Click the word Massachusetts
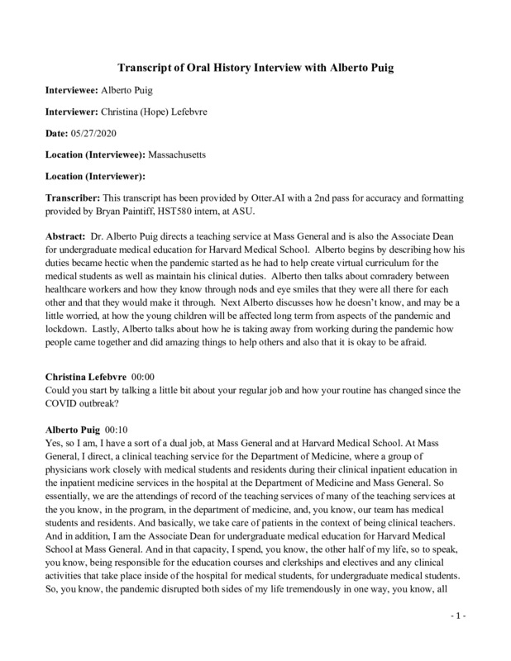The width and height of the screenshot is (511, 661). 186,154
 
